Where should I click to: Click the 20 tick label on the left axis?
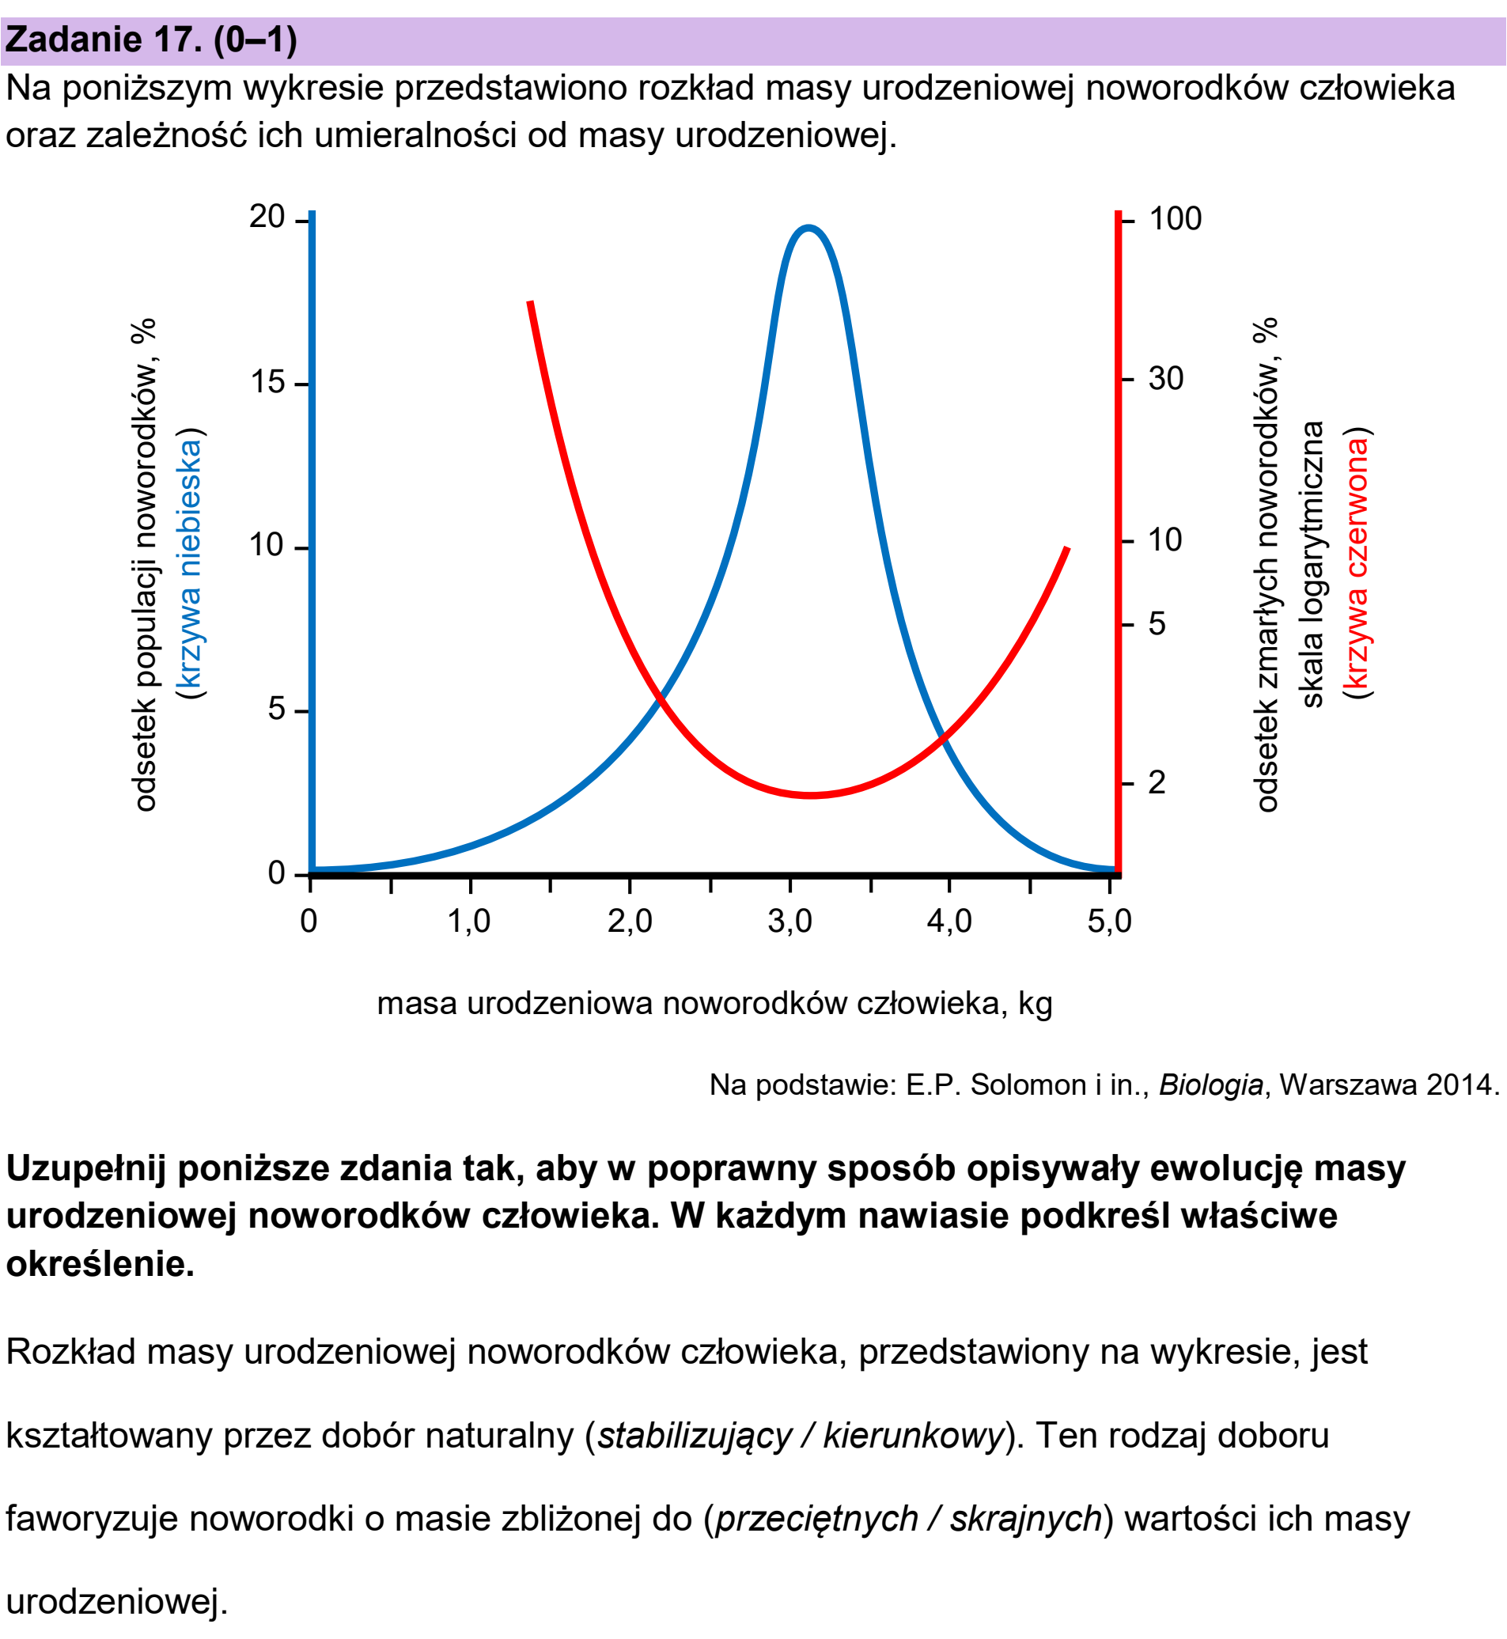coord(267,218)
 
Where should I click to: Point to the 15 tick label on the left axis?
coord(267,381)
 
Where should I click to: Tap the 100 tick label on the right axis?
coord(1175,219)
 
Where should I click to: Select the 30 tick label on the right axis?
coord(1166,379)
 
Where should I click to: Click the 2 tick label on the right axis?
coord(1157,783)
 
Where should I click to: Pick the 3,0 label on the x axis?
coord(790,922)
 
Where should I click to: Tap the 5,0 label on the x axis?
coord(1110,922)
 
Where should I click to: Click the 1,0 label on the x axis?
coord(470,922)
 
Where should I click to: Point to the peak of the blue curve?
coord(808,229)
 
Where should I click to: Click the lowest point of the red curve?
coord(811,795)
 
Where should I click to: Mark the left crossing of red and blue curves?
coord(661,698)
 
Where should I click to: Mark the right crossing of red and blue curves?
coord(944,739)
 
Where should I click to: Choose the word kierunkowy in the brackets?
coord(914,1436)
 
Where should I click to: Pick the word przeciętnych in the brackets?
coord(816,1519)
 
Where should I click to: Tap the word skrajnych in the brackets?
coord(1026,1519)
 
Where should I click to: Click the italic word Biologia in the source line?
coord(1211,1085)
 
